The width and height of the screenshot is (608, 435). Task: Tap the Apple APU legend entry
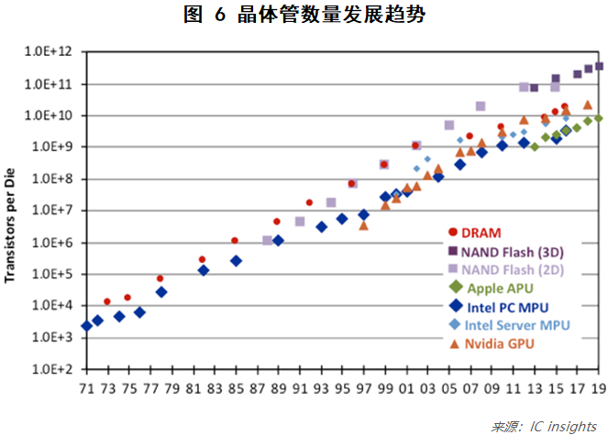[501, 288]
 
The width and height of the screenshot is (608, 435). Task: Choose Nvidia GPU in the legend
[497, 343]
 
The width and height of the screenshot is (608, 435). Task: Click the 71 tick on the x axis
[86, 388]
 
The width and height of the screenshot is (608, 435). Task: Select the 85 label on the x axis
[236, 388]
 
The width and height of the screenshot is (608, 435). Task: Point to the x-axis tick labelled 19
[599, 388]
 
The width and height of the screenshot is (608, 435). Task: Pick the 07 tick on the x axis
[470, 388]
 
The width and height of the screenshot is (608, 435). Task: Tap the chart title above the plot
[304, 15]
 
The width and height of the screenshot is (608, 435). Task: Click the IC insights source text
[544, 426]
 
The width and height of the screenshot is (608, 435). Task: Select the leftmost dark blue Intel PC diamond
[86, 326]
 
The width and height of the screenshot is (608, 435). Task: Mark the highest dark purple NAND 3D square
[599, 66]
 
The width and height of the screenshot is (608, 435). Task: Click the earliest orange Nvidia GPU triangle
[364, 225]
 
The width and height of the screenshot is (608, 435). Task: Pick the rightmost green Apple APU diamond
[599, 118]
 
